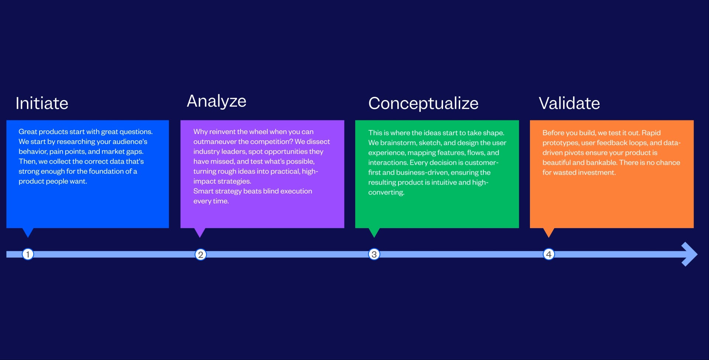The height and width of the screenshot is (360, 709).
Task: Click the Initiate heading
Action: click(x=42, y=103)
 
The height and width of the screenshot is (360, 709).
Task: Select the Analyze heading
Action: click(x=216, y=101)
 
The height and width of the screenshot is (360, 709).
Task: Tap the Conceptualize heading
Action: click(x=423, y=103)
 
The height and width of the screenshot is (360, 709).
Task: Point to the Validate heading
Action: click(x=569, y=103)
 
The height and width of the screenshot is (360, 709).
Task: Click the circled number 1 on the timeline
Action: click(x=28, y=254)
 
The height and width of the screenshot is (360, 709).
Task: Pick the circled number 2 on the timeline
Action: click(x=201, y=254)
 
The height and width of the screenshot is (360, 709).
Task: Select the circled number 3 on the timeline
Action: click(x=374, y=254)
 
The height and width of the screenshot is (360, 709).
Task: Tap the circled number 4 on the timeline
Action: click(x=549, y=254)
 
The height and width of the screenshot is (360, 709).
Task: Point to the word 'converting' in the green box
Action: click(x=386, y=192)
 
